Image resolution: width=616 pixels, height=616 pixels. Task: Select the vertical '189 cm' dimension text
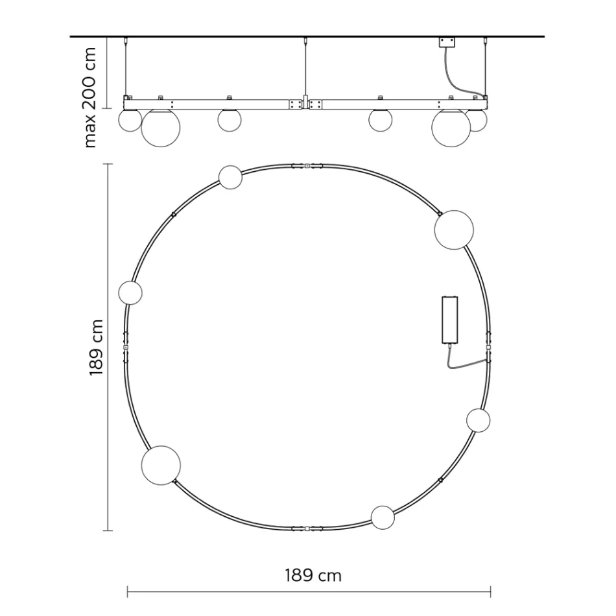(97, 347)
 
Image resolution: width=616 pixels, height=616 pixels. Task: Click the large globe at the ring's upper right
(454, 230)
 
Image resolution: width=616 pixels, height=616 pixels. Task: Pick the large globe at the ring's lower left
(161, 465)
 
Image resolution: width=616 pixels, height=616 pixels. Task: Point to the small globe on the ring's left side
(130, 293)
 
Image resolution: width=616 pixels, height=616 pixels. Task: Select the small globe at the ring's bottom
(383, 517)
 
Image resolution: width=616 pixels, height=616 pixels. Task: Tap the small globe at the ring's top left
(230, 177)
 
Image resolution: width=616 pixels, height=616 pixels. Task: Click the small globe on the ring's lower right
(478, 420)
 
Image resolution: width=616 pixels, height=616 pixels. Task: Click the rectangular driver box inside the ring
(449, 320)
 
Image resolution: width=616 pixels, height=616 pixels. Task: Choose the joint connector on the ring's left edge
(126, 347)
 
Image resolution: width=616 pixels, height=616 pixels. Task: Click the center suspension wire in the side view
(305, 68)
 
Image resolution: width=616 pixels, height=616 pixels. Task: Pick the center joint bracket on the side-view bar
(305, 104)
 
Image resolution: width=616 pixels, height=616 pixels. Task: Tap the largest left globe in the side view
(160, 128)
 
